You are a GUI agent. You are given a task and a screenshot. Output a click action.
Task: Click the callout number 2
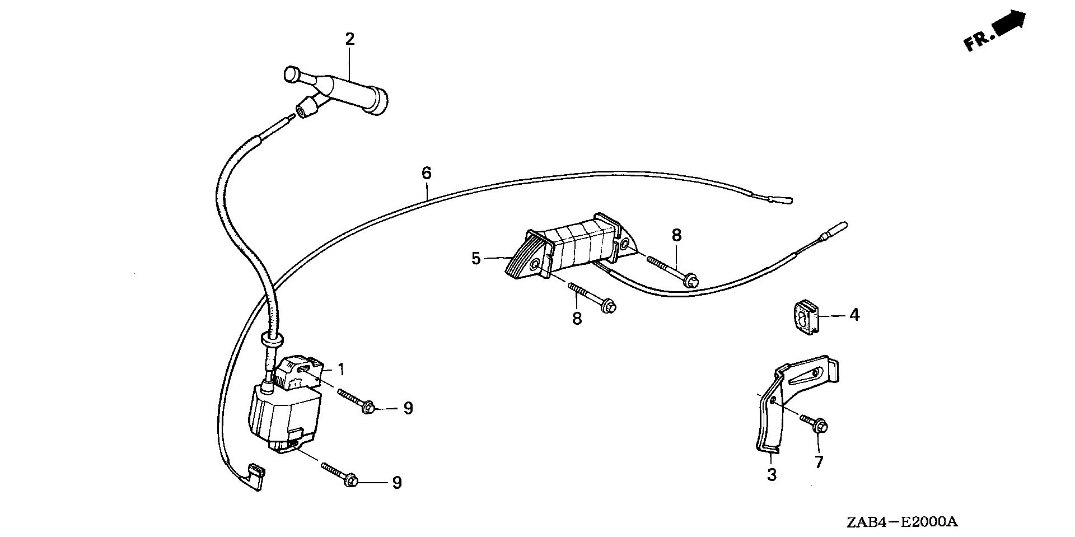click(350, 39)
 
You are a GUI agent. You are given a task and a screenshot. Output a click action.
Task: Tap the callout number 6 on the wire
click(427, 173)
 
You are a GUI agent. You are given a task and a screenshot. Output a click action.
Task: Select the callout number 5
click(476, 259)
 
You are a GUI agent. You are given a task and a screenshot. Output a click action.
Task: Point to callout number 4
click(854, 315)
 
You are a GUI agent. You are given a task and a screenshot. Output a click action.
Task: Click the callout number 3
click(772, 475)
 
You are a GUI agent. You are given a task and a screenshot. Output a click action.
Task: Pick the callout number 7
click(819, 463)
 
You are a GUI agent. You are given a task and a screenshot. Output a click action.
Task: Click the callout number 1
click(341, 370)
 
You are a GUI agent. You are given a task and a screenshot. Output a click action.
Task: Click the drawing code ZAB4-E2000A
click(902, 522)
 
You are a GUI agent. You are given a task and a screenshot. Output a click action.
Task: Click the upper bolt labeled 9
click(358, 402)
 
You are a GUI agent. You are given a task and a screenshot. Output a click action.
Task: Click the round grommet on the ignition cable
click(272, 339)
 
